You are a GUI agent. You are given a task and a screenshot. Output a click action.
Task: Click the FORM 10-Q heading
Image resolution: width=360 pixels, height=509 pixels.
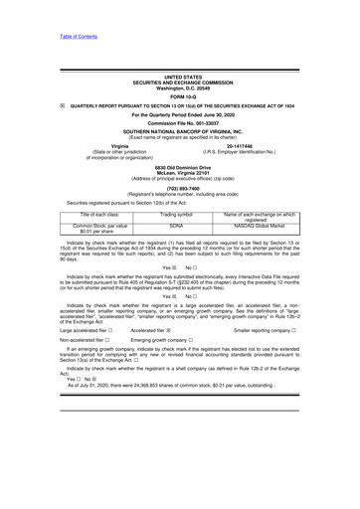pos(180,95)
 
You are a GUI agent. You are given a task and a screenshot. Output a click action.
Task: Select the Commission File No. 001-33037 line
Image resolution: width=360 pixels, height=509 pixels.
pos(180,121)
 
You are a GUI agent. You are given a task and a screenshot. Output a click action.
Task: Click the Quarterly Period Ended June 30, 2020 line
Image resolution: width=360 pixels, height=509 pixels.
pos(180,112)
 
